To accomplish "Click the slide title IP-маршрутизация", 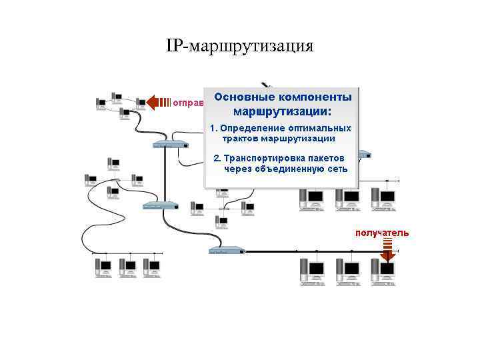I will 239,46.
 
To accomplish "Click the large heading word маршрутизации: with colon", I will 282,111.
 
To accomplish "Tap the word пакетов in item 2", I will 325,158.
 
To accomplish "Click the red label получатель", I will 382,233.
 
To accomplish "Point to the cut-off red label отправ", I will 185,103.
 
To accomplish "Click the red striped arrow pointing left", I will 159,102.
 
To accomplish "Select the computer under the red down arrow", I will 387,271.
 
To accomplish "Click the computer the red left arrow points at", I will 141,102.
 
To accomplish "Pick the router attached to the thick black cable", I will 226,251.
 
